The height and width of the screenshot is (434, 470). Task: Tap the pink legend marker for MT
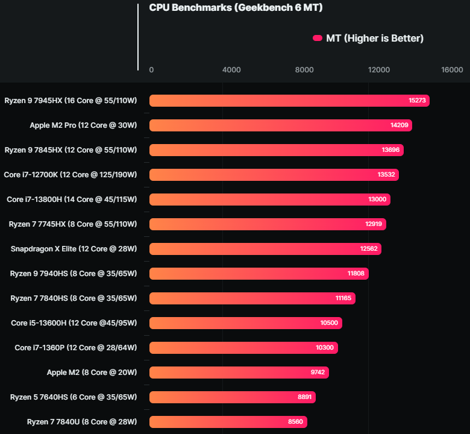tap(318, 39)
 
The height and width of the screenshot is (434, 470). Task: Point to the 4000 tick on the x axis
tap(231, 70)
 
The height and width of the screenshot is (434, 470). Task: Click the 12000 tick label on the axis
tap(379, 70)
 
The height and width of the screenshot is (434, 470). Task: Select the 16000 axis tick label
tap(452, 70)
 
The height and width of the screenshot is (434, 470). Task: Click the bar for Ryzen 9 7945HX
tap(289, 101)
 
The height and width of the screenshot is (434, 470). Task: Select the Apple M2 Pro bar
tap(280, 125)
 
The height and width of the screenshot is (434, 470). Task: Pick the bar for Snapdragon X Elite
tap(265, 249)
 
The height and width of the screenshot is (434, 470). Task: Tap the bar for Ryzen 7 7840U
tap(229, 422)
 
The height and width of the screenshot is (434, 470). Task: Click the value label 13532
tap(386, 175)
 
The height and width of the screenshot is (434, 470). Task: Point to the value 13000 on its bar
tap(378, 200)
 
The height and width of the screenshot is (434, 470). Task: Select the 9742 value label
tap(318, 373)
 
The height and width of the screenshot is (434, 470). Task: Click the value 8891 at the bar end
tap(304, 397)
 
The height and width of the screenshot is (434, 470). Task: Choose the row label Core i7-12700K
tap(70, 175)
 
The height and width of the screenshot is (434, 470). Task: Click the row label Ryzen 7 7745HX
tap(73, 224)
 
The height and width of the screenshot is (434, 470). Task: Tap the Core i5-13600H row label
tap(74, 323)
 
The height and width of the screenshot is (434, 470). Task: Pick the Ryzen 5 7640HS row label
tap(74, 397)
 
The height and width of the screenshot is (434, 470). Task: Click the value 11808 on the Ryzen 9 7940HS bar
tap(356, 274)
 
